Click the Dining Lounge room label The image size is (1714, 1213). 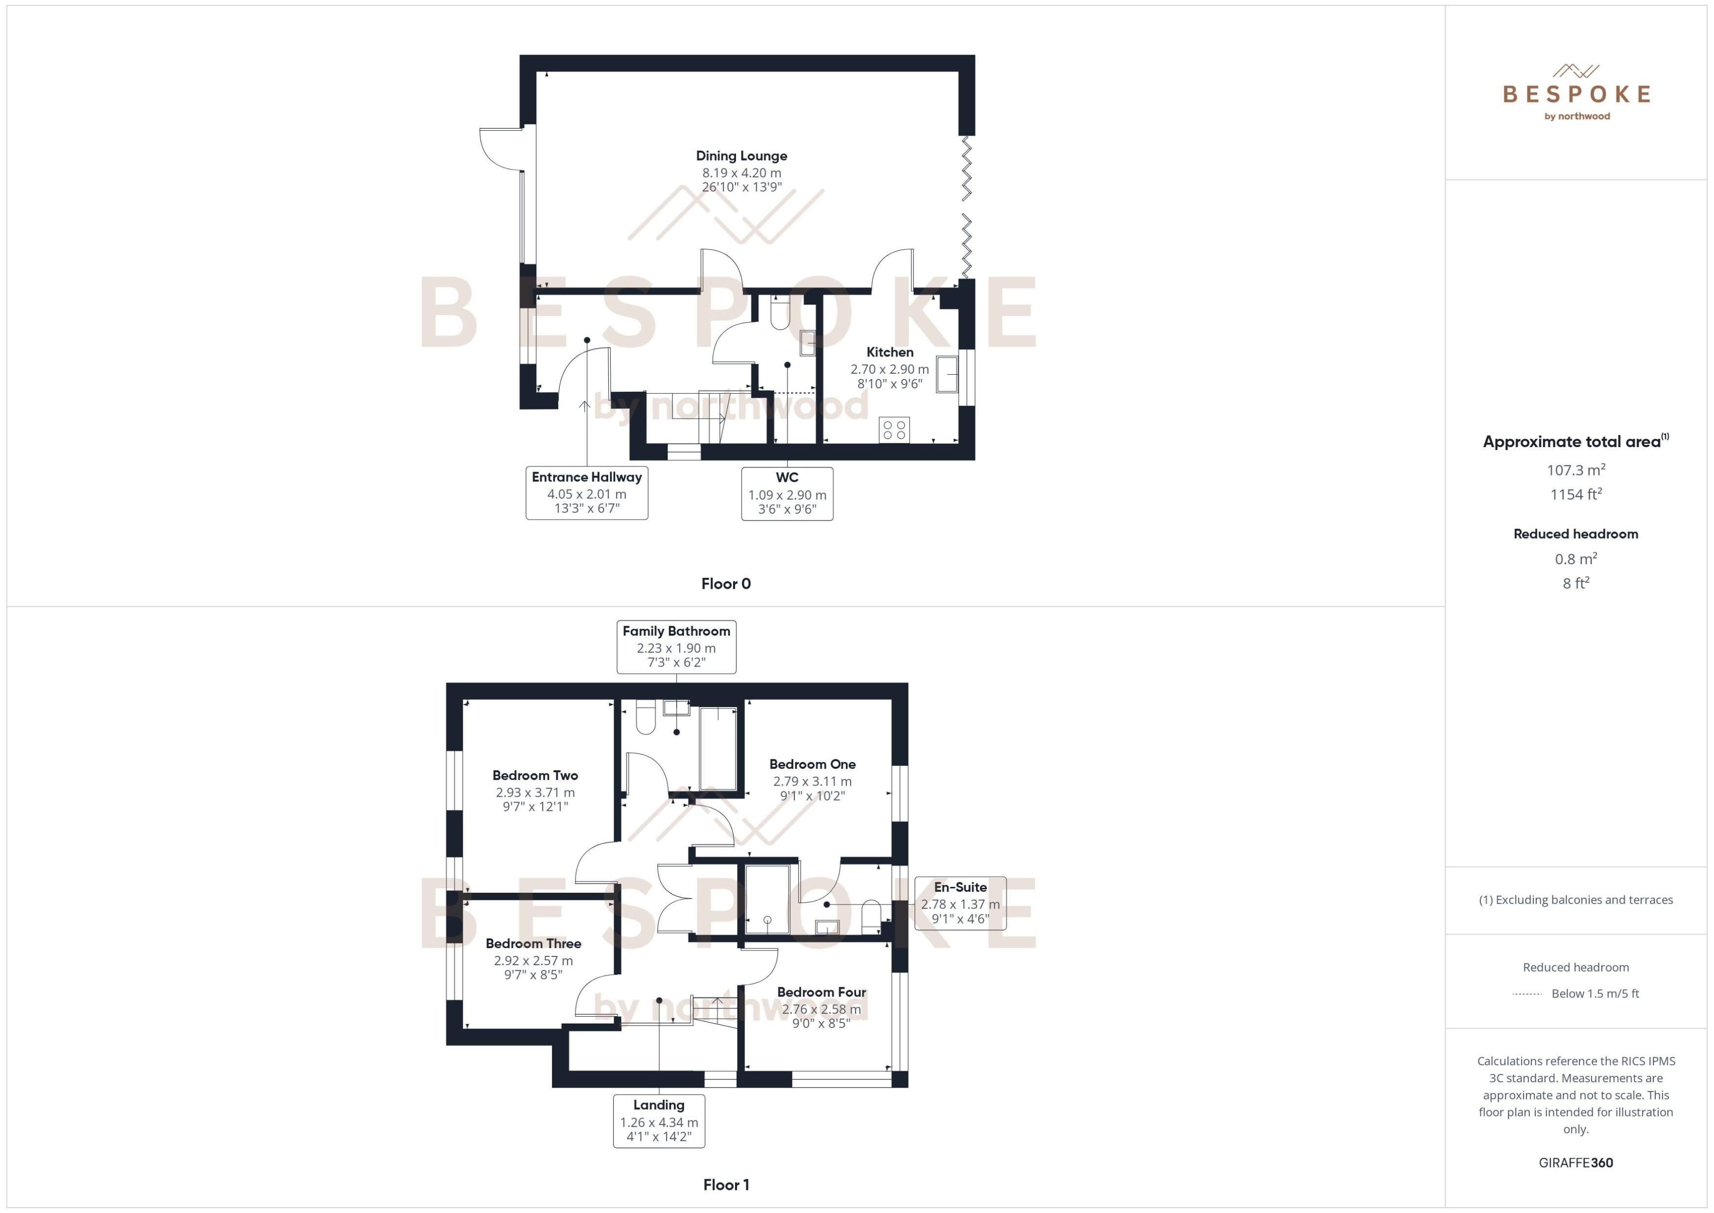click(x=741, y=156)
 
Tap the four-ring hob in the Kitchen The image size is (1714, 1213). click(x=894, y=429)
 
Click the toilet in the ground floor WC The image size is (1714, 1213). click(x=779, y=314)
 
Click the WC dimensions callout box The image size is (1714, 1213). click(x=786, y=494)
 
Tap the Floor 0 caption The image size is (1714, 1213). click(x=725, y=584)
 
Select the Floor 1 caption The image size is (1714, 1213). click(x=725, y=1185)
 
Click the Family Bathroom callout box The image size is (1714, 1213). click(x=676, y=647)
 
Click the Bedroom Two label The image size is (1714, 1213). click(x=535, y=775)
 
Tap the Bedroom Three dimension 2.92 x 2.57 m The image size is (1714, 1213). click(x=533, y=960)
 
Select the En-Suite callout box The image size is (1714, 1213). click(x=960, y=903)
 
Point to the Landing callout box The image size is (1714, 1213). click(x=658, y=1120)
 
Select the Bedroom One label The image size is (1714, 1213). click(x=812, y=764)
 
